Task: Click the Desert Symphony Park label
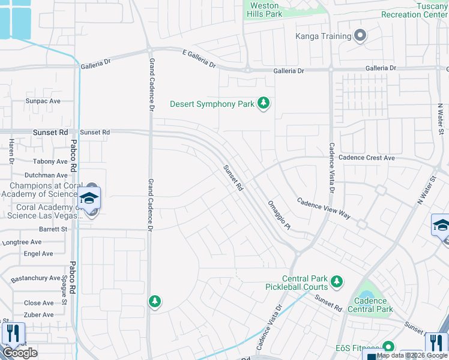pos(212,104)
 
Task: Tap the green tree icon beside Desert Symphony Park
pos(263,104)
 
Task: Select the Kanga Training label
pos(323,37)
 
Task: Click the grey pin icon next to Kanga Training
pos(360,36)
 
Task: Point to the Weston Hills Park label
pos(264,10)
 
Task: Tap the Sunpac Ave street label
pos(43,101)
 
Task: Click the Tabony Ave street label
pos(50,161)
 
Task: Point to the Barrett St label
pos(53,229)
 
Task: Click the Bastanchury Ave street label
pos(36,278)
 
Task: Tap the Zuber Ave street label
pos(39,314)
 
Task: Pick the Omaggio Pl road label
pos(279,215)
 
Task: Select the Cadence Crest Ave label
pos(366,158)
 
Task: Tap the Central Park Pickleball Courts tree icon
pos(337,281)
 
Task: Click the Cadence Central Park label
pos(373,305)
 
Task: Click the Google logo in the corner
pos(20,353)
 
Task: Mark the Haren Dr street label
pos(11,151)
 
